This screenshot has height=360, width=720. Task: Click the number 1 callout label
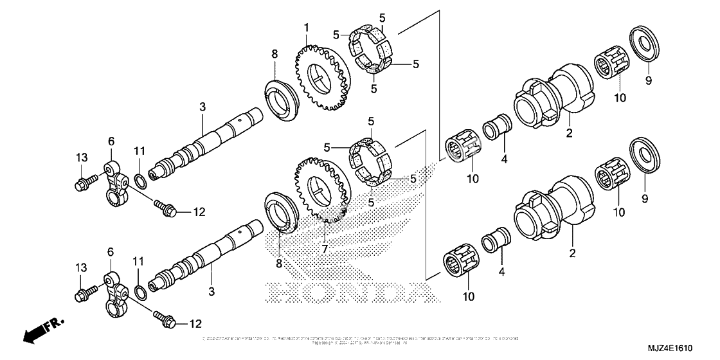click(307, 28)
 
